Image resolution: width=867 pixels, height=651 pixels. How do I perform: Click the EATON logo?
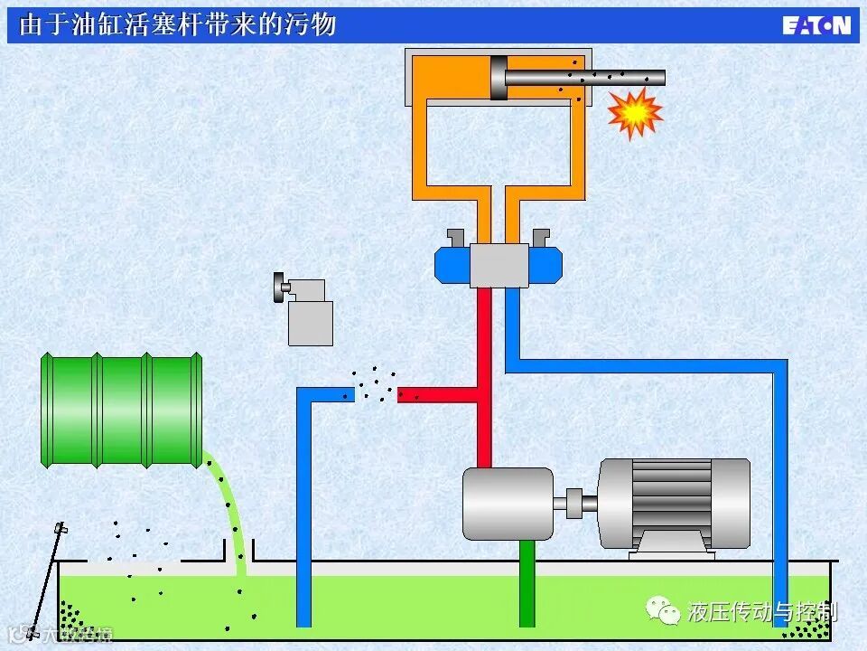816,24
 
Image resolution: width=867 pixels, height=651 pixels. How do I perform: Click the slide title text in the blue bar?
177,24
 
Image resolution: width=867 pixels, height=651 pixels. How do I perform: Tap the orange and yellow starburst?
634,112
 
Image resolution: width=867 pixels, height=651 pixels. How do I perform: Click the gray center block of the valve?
499,265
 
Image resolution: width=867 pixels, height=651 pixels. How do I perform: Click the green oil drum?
122,410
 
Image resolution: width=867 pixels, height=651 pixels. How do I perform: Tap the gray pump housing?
507,504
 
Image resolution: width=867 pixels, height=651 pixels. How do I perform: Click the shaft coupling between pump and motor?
576,502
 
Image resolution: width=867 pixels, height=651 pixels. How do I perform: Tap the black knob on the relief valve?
277,288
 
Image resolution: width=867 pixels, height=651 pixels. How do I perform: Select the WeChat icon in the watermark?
668,613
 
